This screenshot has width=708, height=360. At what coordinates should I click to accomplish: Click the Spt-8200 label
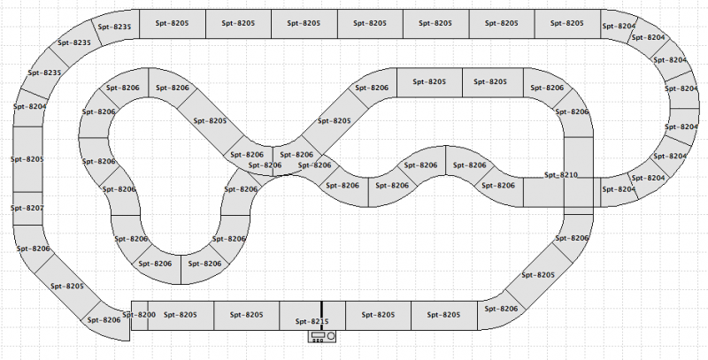pos(140,314)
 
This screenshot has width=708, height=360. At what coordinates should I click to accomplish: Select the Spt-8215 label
pos(312,322)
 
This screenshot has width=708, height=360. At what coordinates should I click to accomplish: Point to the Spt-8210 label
pos(561,175)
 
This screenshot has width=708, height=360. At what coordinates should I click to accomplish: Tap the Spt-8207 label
pos(27,208)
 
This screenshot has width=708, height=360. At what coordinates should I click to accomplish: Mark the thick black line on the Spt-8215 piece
pos(321,315)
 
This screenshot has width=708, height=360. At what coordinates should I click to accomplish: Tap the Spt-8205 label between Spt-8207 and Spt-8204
pos(27,159)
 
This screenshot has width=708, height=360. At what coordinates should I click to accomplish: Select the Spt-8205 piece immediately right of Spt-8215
pos(378,315)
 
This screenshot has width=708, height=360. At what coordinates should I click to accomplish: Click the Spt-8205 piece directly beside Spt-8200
pos(181,315)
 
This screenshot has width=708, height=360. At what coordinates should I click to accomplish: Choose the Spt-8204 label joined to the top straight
pos(619,27)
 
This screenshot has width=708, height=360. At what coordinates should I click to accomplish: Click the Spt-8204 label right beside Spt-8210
pos(620,189)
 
